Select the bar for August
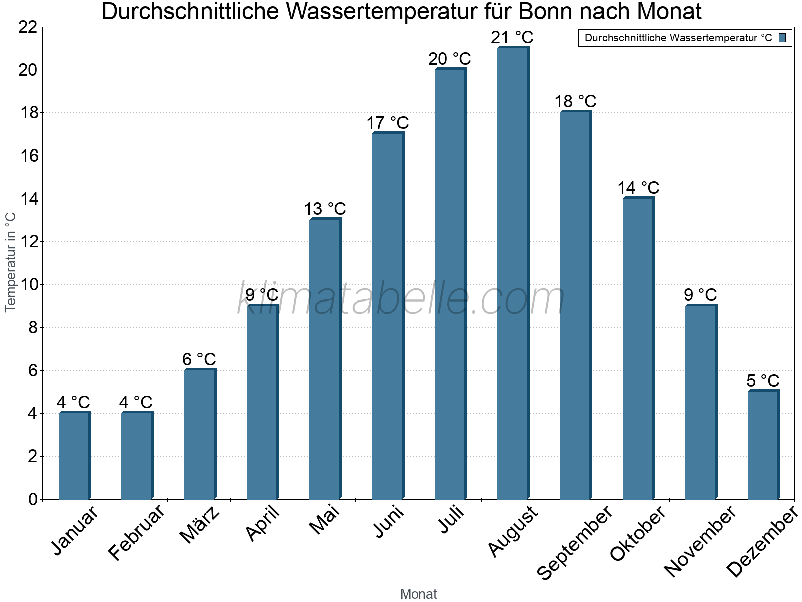point(512,273)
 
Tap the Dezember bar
point(763,445)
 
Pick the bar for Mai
point(325,359)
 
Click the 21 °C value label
point(512,38)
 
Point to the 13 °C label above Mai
point(325,209)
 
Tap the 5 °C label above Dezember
point(763,381)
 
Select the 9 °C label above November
point(700,295)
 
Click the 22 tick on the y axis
point(28,27)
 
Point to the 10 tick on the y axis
point(28,285)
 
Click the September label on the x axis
point(574,542)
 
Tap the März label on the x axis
point(199,525)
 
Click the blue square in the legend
point(782,38)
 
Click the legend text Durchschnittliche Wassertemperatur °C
point(678,38)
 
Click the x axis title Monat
point(418,594)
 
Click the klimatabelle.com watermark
point(401,299)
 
